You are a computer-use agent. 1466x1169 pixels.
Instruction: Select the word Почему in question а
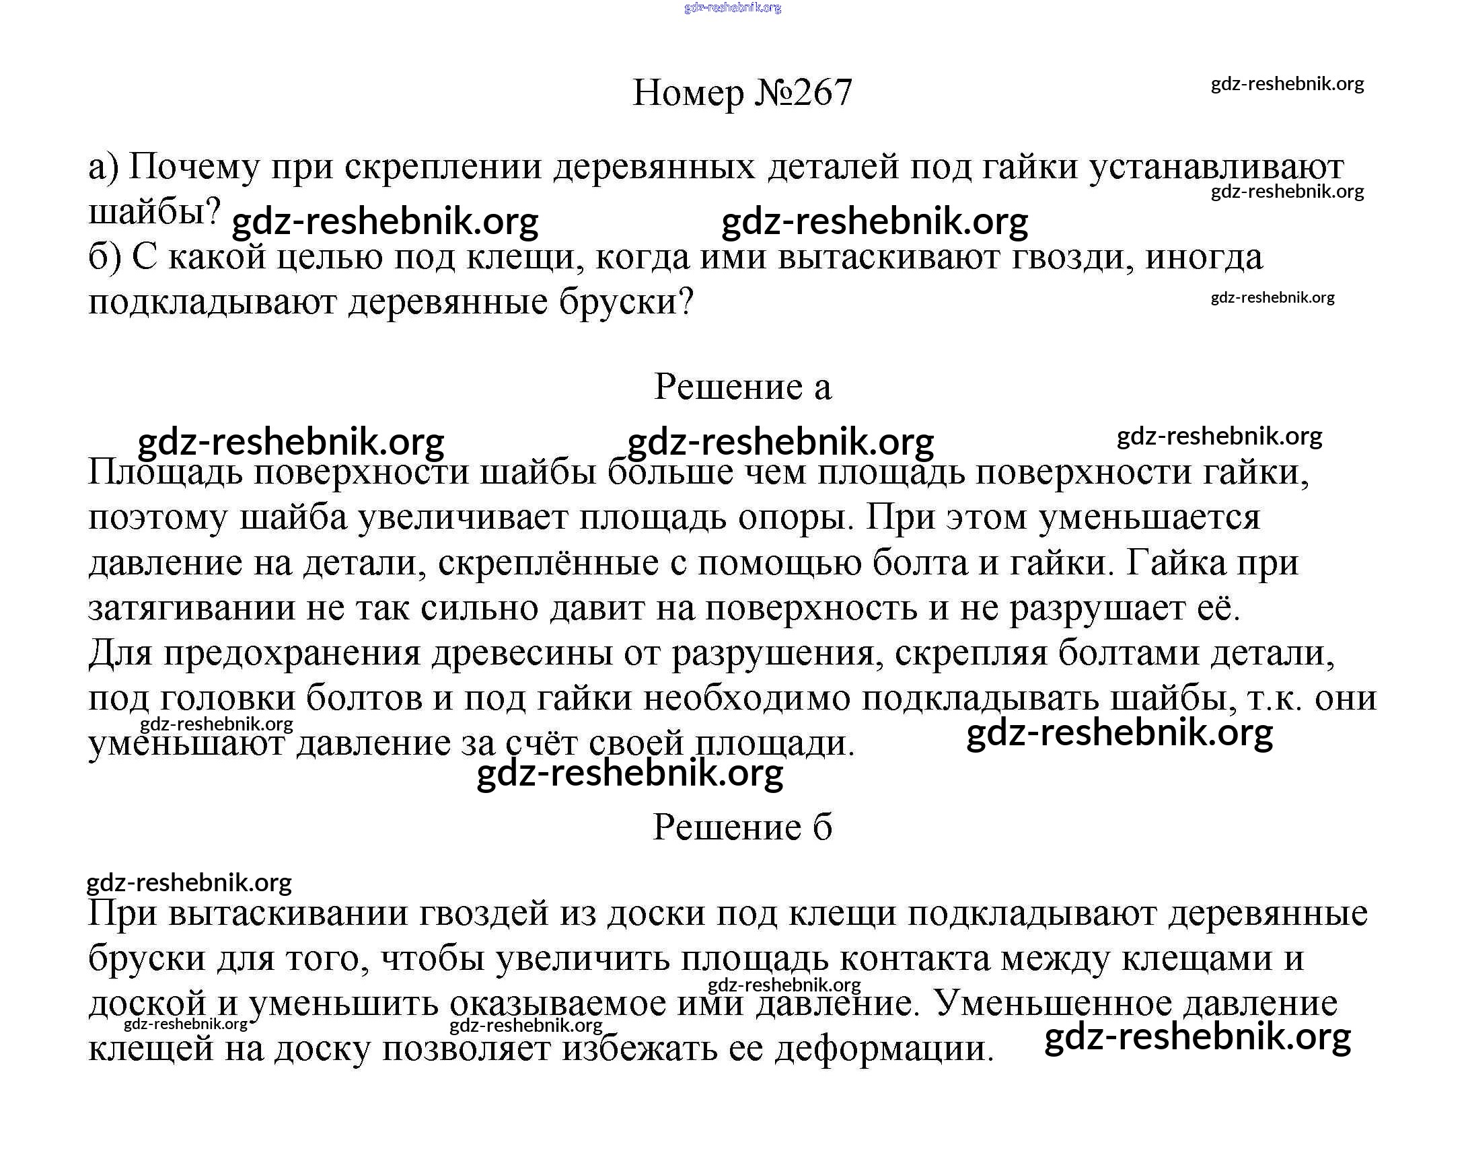(x=194, y=167)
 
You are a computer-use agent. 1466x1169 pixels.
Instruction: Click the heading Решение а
(x=742, y=387)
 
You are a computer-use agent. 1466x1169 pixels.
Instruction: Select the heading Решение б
(x=742, y=827)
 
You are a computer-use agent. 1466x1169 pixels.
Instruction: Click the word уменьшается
(x=1149, y=517)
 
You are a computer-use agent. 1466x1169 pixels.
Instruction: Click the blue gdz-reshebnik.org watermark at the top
(x=732, y=7)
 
